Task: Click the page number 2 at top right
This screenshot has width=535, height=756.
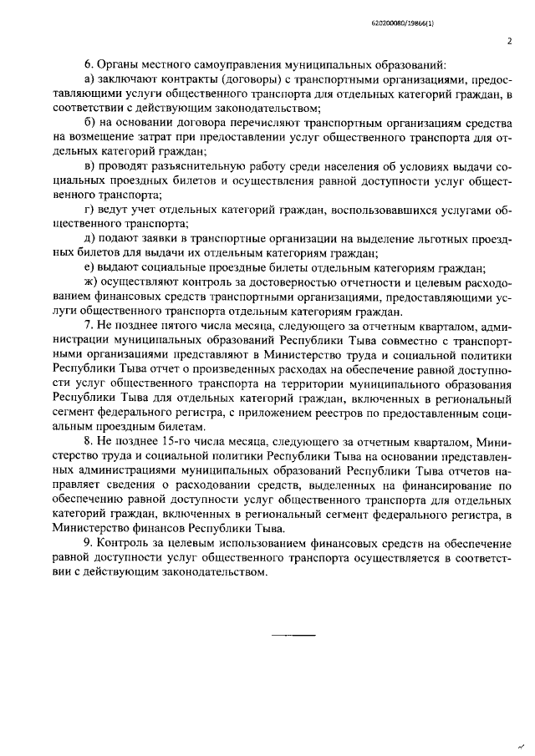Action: click(507, 40)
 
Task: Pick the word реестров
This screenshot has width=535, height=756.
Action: click(330, 410)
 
